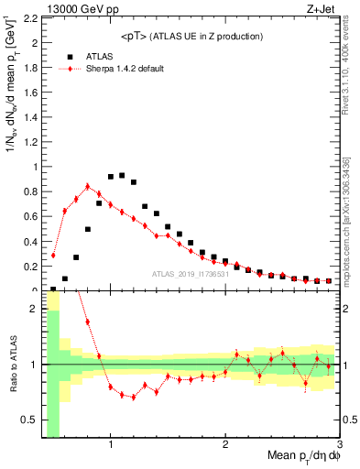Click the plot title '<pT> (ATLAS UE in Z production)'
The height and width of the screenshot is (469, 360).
click(191, 36)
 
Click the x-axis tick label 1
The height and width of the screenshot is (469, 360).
click(111, 444)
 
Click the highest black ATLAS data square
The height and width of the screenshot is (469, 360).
click(122, 175)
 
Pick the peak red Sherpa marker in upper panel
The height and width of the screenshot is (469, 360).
click(88, 186)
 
